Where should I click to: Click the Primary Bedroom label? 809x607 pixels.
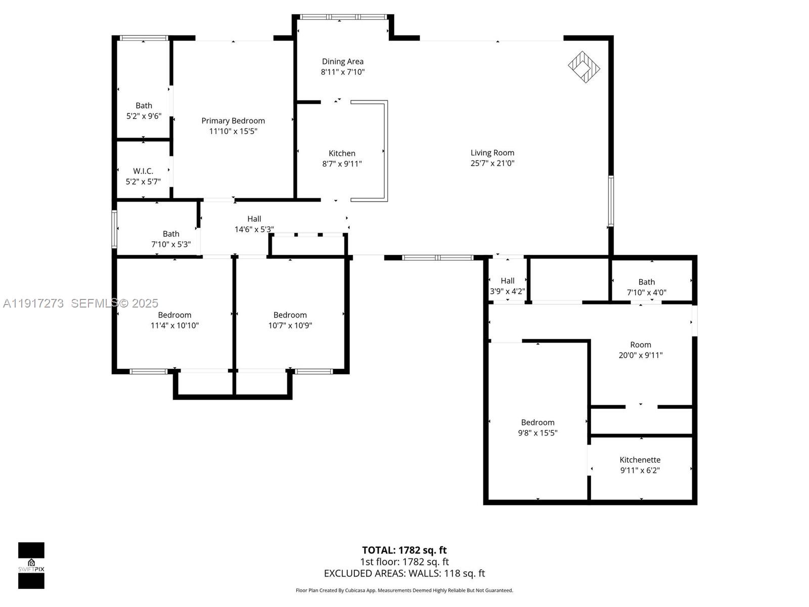tap(233, 121)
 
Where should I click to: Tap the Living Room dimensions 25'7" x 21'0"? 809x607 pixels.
tap(492, 163)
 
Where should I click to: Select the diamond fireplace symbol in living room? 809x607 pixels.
tap(583, 67)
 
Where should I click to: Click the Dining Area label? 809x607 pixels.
tap(342, 62)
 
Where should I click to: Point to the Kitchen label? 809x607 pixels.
tap(342, 153)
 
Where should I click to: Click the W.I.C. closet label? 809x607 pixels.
tap(143, 171)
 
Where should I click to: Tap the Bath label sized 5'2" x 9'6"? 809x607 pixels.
tap(144, 106)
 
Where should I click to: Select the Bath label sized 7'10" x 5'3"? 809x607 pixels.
tap(171, 234)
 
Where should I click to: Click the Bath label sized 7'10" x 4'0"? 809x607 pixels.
tap(646, 282)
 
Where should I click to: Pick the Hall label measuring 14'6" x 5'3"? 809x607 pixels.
tap(254, 219)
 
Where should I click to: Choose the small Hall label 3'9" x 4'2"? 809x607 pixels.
tap(507, 281)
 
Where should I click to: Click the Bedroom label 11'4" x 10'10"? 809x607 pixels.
tap(174, 315)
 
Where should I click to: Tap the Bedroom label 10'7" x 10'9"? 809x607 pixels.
tap(290, 315)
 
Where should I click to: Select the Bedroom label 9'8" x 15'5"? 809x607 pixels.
tap(537, 422)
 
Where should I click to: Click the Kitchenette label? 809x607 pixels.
tap(640, 460)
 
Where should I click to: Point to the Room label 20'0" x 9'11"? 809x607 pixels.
tap(640, 345)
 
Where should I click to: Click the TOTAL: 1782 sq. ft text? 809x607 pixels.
tap(404, 550)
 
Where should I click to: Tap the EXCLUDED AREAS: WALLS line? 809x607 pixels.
tap(404, 573)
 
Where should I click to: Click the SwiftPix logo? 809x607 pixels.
tap(31, 565)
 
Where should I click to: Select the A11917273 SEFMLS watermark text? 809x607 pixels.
tap(81, 303)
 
